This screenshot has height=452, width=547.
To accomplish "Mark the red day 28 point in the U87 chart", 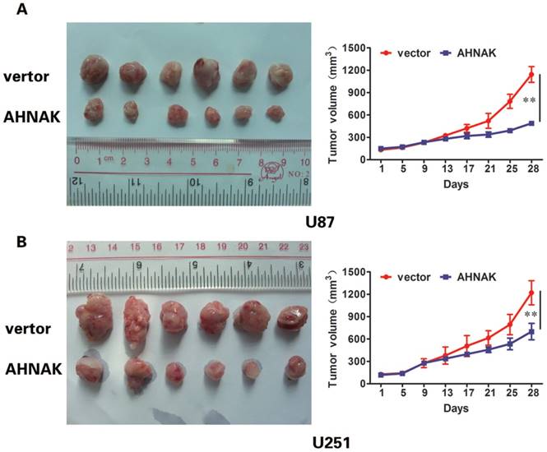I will (x=531, y=75).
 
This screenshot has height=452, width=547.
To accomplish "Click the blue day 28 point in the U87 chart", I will (x=531, y=124).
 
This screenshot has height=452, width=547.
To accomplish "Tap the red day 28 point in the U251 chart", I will (x=531, y=293).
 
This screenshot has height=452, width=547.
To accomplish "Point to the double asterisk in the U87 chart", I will (x=531, y=101).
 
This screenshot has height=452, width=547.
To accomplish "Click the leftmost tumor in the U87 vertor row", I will (x=90, y=71).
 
